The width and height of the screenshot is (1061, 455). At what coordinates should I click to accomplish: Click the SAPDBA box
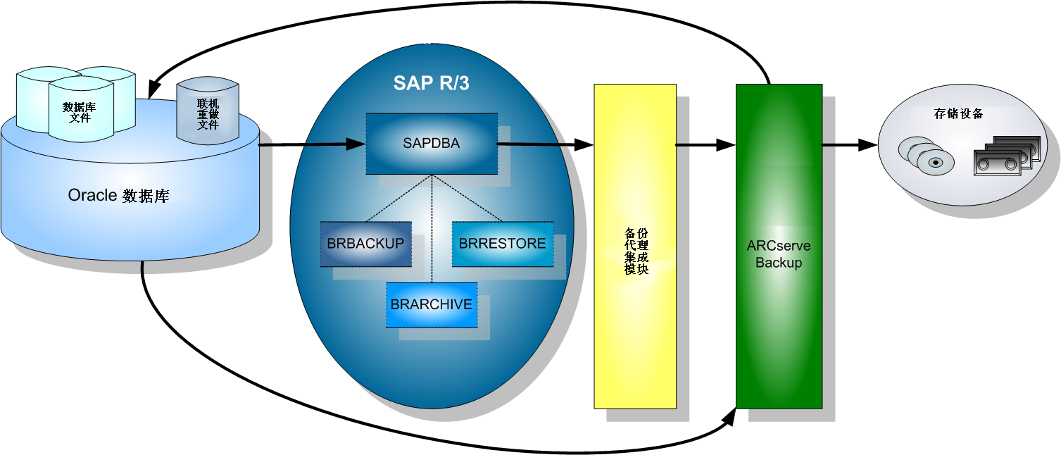point(431,144)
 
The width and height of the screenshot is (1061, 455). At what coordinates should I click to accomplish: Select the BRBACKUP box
point(365,244)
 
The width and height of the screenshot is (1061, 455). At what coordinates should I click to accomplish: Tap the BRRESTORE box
point(502,244)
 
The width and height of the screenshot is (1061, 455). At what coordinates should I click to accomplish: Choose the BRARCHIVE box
point(431,304)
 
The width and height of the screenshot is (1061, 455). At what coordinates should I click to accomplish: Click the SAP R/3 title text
point(431,83)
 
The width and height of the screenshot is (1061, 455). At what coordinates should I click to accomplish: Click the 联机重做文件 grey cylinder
point(208,113)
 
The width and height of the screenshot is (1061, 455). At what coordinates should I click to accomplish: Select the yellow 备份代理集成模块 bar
point(634,247)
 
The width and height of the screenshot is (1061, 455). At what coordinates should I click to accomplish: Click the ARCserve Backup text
point(779,254)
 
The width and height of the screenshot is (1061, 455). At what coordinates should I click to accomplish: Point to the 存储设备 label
point(958,113)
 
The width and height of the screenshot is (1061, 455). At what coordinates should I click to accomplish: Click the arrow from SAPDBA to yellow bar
point(546,144)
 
